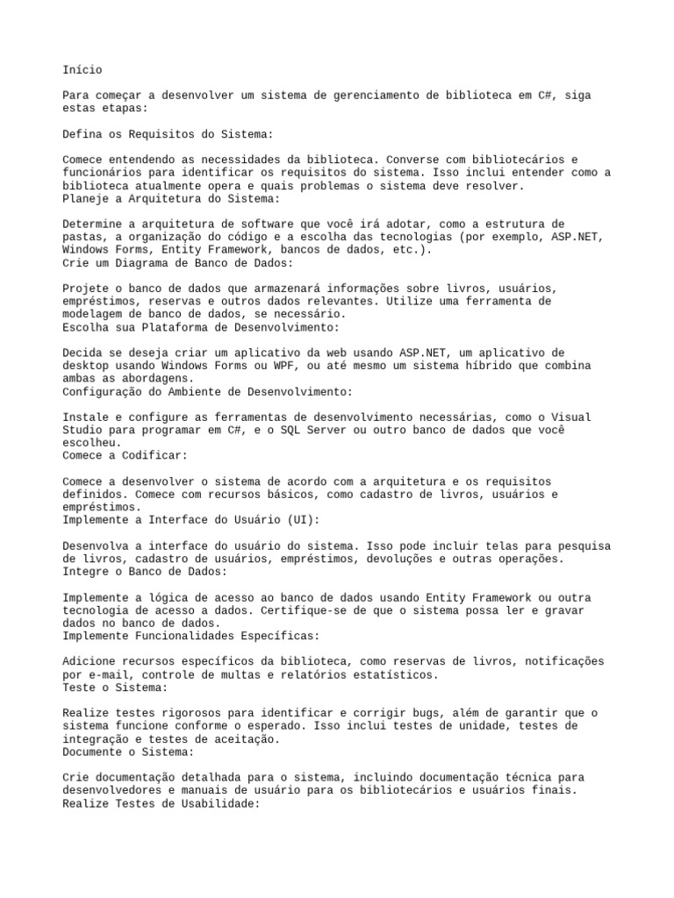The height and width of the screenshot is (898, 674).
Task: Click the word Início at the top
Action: pyautogui.click(x=82, y=69)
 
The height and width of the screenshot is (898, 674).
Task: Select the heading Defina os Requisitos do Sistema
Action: pyautogui.click(x=168, y=134)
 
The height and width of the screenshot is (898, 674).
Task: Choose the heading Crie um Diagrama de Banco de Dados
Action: pyautogui.click(x=178, y=263)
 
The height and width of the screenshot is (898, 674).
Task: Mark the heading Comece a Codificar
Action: pyautogui.click(x=125, y=455)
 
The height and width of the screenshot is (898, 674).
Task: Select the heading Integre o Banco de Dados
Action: pyautogui.click(x=145, y=571)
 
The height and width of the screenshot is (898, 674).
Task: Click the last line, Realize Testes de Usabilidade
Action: pyautogui.click(x=161, y=802)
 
